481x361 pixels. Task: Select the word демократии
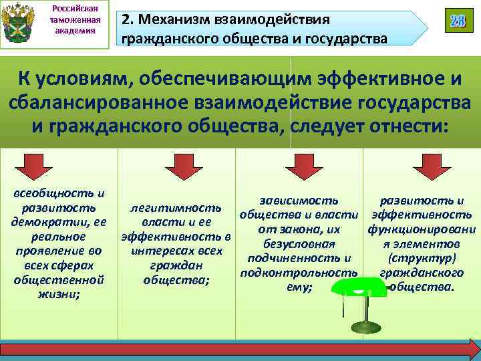pos(41,222)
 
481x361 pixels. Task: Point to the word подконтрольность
pos(298,273)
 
